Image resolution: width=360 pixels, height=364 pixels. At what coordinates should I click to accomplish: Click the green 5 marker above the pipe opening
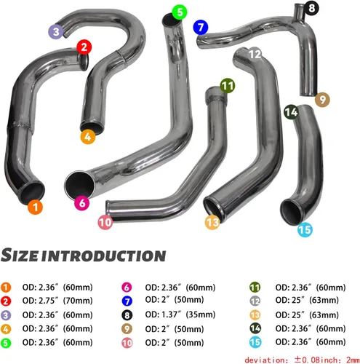click(180, 12)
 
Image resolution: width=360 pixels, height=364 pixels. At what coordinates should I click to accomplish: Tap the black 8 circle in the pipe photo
click(311, 8)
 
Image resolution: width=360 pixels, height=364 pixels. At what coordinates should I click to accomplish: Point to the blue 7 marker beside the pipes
click(201, 27)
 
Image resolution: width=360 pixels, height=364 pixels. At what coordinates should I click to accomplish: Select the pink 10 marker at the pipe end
click(105, 222)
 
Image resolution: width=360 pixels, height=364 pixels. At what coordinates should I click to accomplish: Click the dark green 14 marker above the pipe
click(291, 112)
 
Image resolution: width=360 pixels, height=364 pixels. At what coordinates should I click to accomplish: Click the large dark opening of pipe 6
click(79, 185)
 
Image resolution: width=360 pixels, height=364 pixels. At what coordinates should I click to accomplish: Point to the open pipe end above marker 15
click(292, 212)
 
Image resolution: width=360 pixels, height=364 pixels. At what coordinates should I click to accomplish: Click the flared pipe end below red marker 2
click(84, 62)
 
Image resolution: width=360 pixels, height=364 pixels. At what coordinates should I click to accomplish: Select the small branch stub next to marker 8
click(299, 10)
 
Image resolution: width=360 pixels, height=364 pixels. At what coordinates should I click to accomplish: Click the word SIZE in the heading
click(20, 255)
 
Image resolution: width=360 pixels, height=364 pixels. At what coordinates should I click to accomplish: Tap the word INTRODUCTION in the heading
click(103, 256)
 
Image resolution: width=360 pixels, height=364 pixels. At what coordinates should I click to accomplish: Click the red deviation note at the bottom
click(302, 360)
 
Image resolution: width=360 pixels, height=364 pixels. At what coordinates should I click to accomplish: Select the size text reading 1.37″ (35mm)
click(180, 314)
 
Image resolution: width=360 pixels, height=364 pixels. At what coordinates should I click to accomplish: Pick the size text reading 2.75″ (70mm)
click(57, 301)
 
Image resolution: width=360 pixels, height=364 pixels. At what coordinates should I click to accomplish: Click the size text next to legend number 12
click(307, 300)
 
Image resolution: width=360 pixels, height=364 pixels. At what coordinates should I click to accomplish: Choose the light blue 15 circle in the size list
click(255, 342)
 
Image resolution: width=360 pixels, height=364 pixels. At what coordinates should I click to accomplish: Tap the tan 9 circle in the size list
click(127, 329)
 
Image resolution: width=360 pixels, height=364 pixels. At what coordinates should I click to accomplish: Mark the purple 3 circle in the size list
click(6, 315)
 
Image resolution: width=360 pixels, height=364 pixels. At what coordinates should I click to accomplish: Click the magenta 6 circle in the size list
click(127, 288)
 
